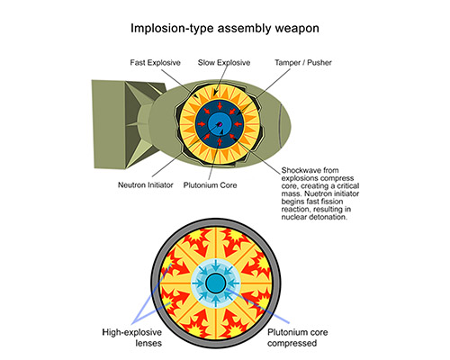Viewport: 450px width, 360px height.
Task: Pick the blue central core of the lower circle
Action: point(216,283)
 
